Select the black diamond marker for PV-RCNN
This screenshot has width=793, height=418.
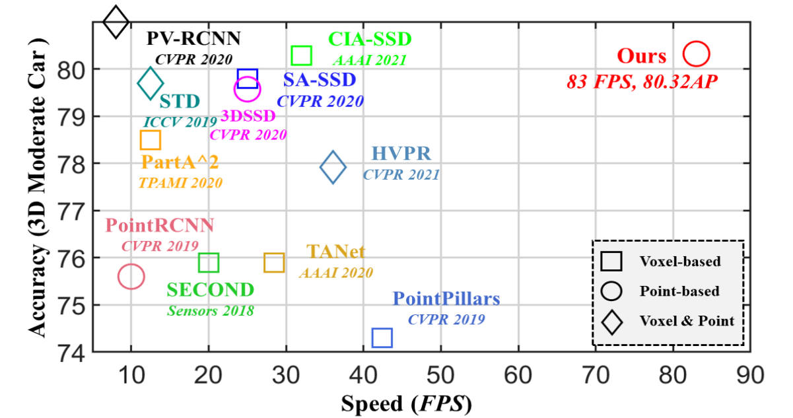click(x=116, y=22)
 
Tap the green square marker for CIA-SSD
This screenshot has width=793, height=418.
click(x=301, y=55)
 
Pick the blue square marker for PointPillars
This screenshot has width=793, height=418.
click(x=382, y=338)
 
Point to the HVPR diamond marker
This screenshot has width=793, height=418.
click(x=333, y=167)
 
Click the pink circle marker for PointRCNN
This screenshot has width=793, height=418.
click(x=131, y=277)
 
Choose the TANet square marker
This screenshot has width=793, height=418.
click(x=274, y=262)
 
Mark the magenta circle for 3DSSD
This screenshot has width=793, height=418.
click(x=247, y=89)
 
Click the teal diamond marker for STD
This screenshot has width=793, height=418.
click(x=151, y=84)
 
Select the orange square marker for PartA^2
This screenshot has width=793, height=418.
click(x=151, y=140)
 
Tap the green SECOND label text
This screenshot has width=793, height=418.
click(x=210, y=290)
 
